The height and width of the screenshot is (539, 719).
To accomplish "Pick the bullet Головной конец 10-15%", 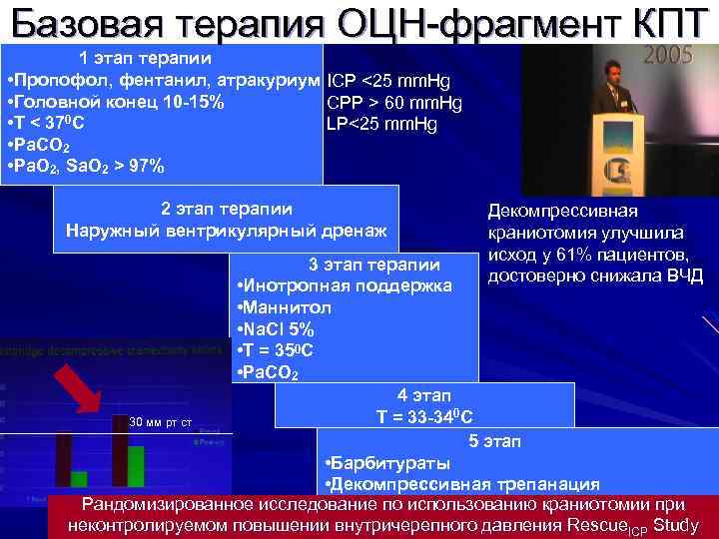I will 115,102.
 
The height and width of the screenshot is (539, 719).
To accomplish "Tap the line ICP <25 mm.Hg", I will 382,80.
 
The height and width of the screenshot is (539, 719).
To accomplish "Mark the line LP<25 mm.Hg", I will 381,124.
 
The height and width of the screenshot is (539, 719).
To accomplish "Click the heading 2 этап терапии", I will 227,209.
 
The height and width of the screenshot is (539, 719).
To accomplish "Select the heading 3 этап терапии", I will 375,265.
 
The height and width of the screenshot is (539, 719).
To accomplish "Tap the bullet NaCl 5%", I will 279,329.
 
